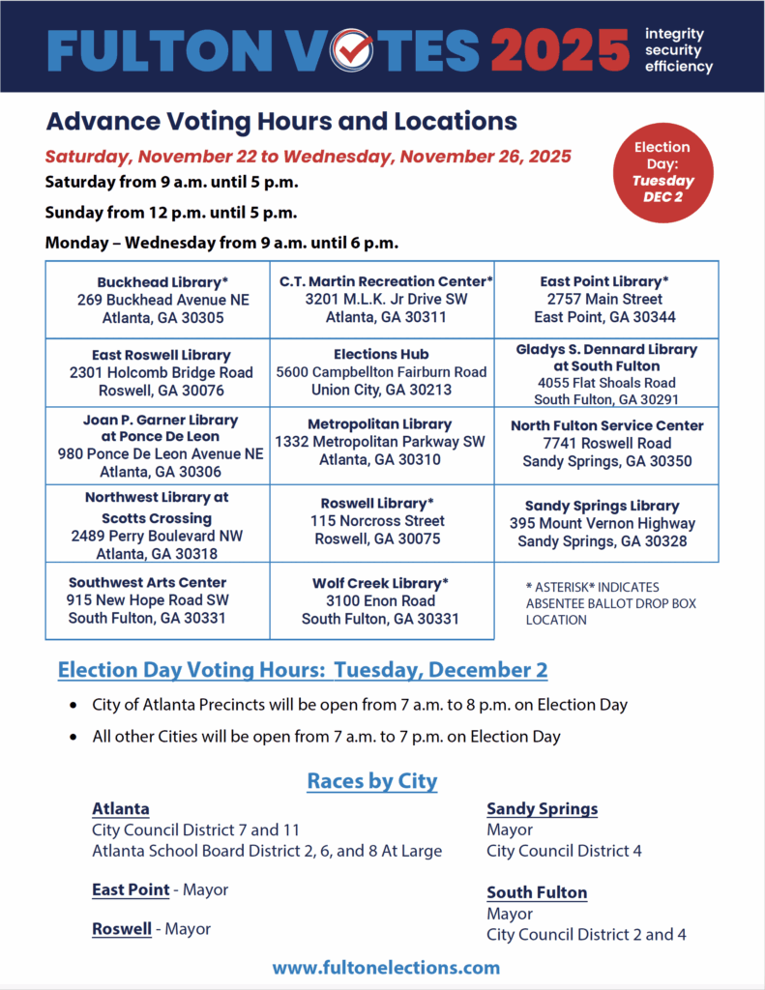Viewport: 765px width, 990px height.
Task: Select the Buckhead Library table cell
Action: coord(162,300)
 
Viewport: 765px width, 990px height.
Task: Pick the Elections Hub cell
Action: coord(381,372)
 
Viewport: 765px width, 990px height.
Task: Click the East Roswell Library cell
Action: coord(162,372)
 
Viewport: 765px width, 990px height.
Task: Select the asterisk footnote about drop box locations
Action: coord(610,603)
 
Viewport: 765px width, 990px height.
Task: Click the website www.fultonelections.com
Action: coord(386,967)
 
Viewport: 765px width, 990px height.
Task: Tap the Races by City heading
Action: coord(372,780)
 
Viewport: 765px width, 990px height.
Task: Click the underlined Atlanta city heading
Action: coord(121,808)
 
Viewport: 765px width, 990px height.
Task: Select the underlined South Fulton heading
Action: coord(537,892)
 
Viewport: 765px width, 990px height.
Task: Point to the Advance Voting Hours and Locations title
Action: coord(281,122)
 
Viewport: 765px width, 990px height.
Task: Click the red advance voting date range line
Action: coord(308,156)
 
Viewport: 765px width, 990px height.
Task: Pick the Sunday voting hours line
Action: coord(171,212)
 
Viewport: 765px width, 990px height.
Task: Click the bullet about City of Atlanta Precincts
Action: coord(359,705)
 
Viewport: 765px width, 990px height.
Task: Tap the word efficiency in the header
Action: coord(678,67)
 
